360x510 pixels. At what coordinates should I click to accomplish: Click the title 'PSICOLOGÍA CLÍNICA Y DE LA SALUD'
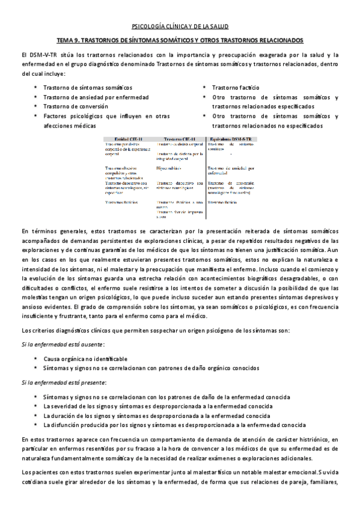(x=180, y=26)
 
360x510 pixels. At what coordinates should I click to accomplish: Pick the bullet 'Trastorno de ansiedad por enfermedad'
(x=88, y=97)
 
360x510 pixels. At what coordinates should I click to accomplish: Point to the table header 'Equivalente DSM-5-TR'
(x=231, y=138)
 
